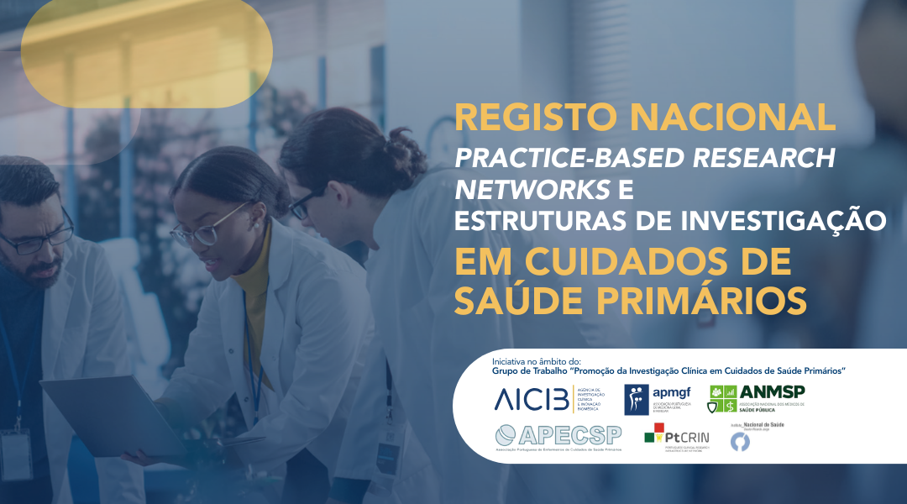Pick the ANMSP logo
point(757,398)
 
